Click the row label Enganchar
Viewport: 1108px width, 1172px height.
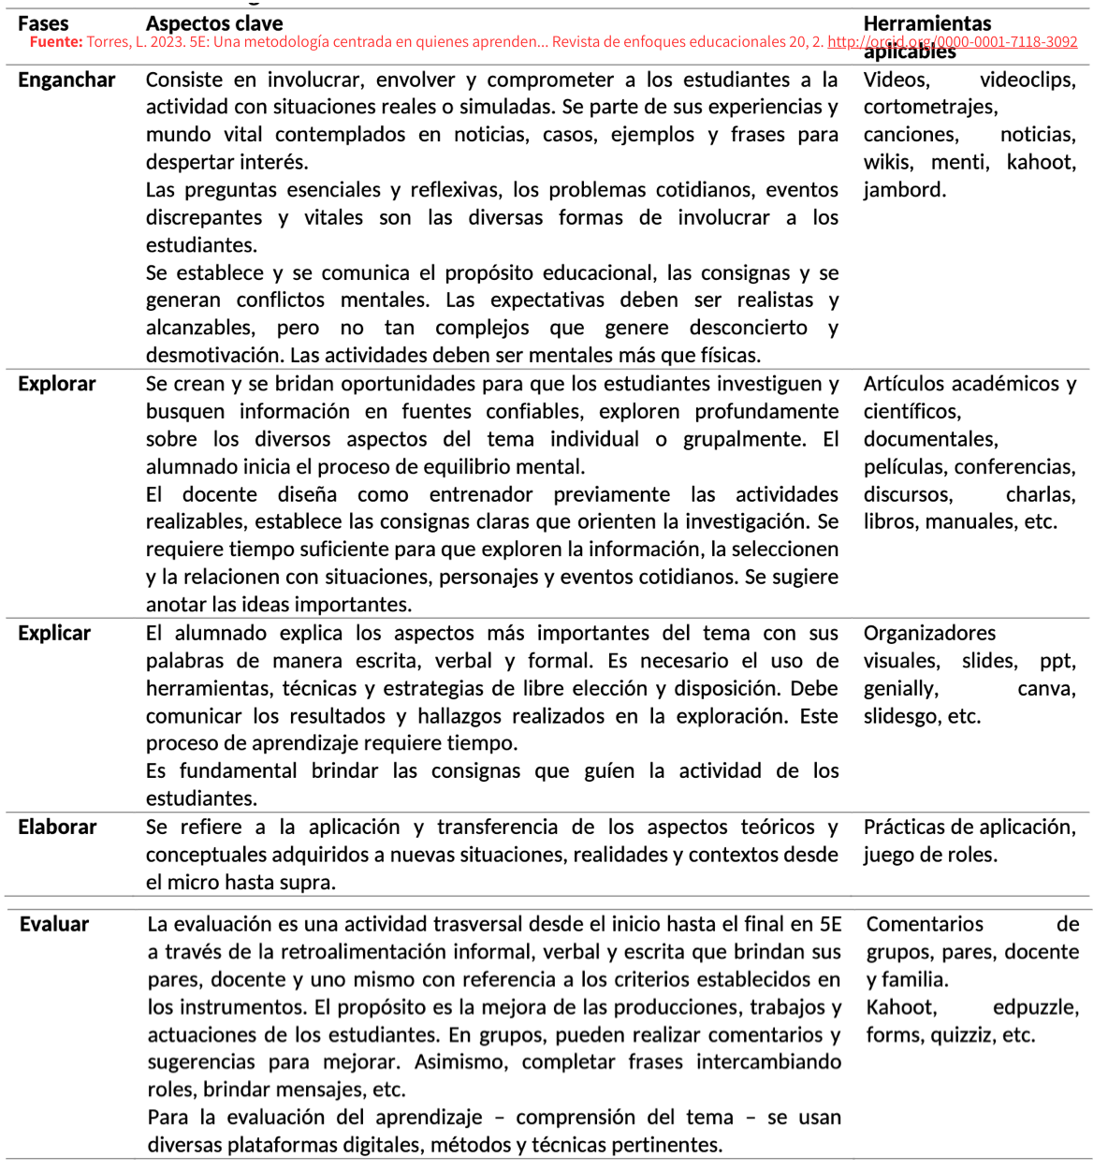click(66, 81)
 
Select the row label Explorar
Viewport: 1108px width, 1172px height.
click(57, 384)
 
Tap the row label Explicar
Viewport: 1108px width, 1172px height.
click(54, 634)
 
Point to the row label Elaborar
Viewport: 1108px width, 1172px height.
click(57, 828)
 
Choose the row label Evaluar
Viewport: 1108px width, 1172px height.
click(54, 925)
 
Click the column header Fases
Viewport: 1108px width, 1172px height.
click(43, 24)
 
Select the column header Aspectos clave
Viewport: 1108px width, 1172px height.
click(214, 24)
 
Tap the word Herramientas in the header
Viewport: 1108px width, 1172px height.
click(926, 24)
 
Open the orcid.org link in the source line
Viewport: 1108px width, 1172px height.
click(952, 42)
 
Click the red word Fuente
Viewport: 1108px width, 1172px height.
click(56, 42)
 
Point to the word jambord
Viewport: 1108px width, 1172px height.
click(904, 190)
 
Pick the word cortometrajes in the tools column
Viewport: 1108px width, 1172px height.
click(930, 108)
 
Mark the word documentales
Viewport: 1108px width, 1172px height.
click(930, 440)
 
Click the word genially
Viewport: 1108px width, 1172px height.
click(900, 689)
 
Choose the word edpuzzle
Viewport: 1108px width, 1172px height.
click(1035, 1008)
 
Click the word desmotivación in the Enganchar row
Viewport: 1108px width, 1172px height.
click(214, 356)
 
